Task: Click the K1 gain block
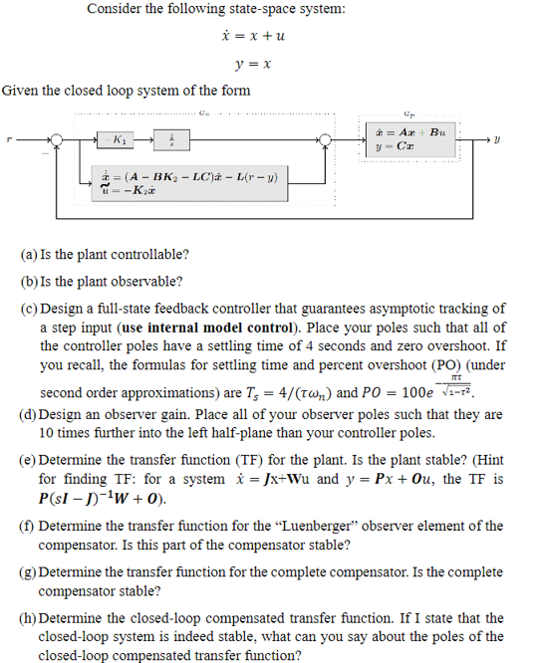tap(120, 138)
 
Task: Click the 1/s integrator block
tap(170, 138)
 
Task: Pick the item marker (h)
tap(29, 618)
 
